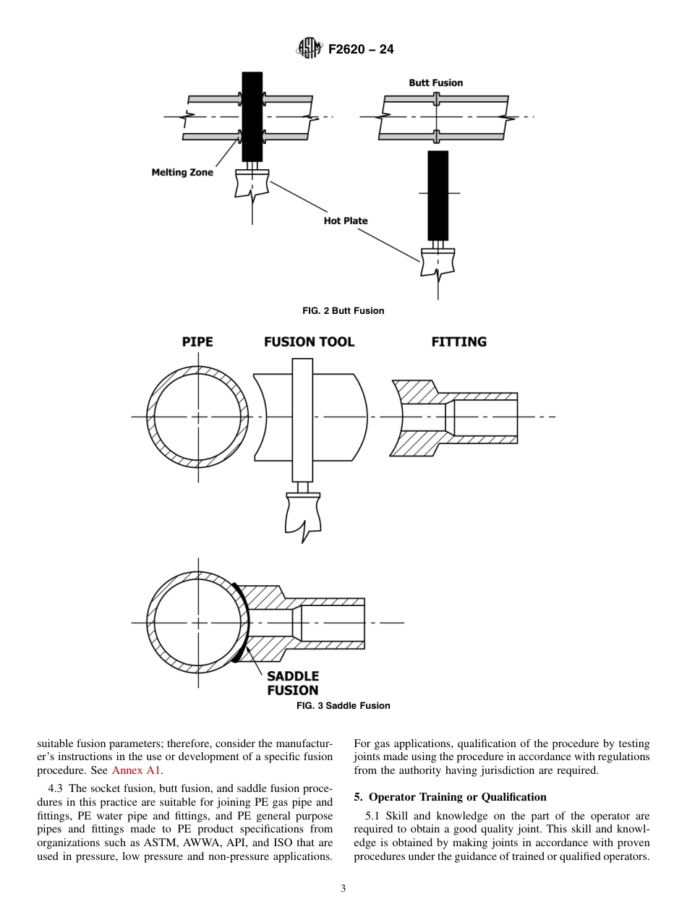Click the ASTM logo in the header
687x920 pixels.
coord(308,49)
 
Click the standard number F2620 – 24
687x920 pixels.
coord(360,50)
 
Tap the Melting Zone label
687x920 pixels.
coord(182,173)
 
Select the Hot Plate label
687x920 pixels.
coord(346,221)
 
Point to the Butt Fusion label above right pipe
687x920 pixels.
coord(435,82)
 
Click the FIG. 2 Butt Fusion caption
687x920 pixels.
coord(343,310)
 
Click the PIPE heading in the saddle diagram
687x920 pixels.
coord(197,341)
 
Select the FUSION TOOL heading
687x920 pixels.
coord(309,341)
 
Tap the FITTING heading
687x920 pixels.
coord(458,341)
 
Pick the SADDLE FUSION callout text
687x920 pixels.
coord(293,683)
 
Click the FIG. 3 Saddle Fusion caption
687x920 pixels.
coord(343,705)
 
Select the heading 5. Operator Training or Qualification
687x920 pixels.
coord(450,797)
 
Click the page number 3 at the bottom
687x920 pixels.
coord(343,888)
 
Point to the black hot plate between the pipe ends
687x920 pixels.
coord(252,116)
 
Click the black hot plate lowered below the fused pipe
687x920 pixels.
coord(438,195)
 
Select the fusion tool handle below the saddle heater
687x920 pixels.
coord(302,514)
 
